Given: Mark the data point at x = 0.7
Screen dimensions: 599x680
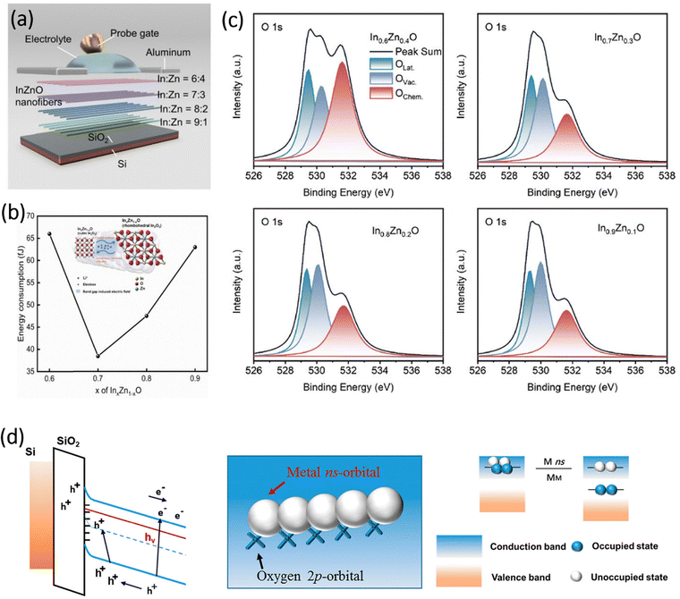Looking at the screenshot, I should click(x=98, y=356).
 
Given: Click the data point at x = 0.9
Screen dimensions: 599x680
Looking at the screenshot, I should click(x=194, y=247).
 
